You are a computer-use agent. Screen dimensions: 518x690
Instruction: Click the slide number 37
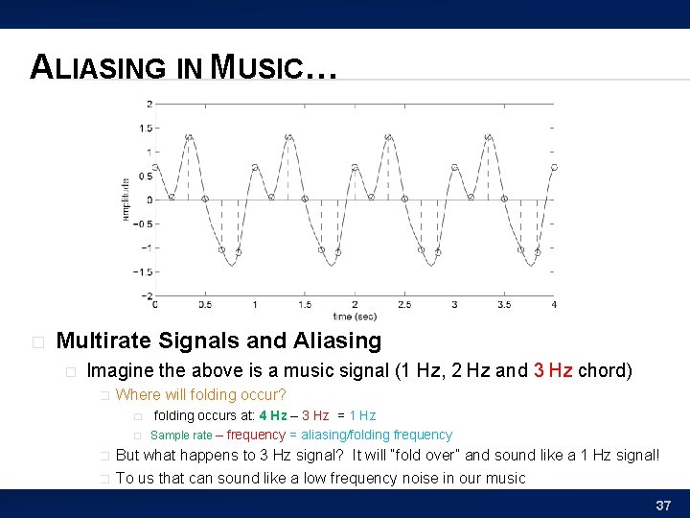(662, 505)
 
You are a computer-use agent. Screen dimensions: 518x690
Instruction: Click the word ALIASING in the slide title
(99, 68)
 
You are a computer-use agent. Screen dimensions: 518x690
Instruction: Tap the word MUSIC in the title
(255, 68)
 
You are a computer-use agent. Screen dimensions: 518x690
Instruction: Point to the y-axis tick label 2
(149, 104)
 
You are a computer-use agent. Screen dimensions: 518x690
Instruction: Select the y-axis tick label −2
(147, 296)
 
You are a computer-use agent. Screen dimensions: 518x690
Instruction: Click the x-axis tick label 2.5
(404, 305)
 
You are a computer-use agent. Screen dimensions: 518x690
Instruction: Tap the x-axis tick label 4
(554, 305)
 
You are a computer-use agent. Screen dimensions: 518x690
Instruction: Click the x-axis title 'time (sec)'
(355, 316)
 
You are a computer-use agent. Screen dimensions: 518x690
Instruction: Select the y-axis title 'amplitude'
(126, 199)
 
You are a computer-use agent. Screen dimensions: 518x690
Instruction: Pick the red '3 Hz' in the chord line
(553, 370)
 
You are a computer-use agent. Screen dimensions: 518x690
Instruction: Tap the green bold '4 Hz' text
(272, 415)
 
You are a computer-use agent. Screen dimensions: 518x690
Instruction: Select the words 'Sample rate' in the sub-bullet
(182, 436)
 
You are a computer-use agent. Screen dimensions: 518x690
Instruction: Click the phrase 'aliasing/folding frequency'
(377, 436)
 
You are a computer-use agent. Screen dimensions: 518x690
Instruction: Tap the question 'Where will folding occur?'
(200, 395)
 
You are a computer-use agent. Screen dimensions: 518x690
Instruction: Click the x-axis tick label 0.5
(205, 305)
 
